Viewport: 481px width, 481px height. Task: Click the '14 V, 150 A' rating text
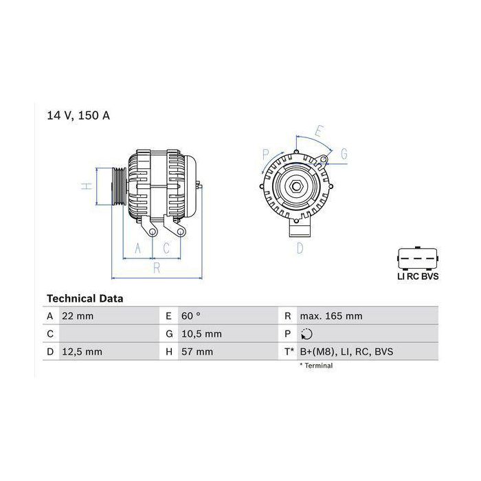tap(78, 115)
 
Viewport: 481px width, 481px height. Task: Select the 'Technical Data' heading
tap(85, 299)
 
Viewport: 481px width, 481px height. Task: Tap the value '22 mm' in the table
tap(78, 316)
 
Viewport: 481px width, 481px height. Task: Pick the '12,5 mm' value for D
tap(83, 352)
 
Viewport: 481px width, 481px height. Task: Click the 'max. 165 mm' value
tap(331, 316)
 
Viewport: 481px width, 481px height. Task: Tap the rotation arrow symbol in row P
tap(306, 335)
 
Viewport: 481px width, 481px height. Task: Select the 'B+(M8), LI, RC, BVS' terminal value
tap(346, 352)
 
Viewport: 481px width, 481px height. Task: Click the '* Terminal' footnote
tap(315, 366)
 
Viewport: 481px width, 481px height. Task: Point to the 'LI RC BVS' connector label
tap(418, 276)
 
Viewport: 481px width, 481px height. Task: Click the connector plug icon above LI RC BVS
tap(418, 257)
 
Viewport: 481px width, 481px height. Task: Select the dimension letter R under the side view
tap(156, 267)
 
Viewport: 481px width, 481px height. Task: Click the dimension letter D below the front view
tap(300, 248)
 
